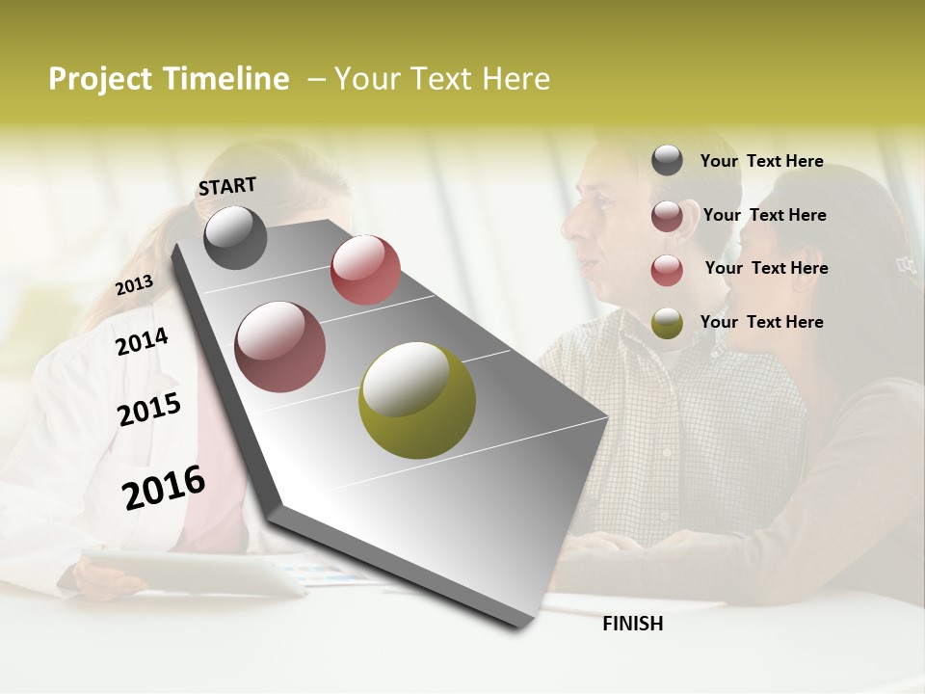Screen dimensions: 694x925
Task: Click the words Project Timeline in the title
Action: pos(169,79)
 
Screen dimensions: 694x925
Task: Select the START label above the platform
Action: pos(227,186)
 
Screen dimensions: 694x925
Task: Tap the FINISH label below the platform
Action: pos(633,624)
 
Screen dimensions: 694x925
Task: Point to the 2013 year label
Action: pos(134,285)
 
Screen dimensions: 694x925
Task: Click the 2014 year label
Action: pos(142,341)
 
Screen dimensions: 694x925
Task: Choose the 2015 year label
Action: pos(149,410)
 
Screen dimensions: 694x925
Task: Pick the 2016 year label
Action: pos(164,487)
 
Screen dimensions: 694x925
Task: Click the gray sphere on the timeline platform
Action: pos(235,237)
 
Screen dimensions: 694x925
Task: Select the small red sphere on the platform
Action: pos(365,269)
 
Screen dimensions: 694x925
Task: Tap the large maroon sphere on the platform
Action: pos(280,346)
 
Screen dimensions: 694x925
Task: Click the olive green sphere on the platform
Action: pos(417,399)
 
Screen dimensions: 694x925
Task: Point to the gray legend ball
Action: pos(667,160)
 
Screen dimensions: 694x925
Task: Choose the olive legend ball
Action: pos(667,323)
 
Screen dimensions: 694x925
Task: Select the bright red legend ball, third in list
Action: pos(667,270)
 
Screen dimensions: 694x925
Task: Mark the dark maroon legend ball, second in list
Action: pos(667,216)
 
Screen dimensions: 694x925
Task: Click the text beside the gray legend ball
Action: pos(761,161)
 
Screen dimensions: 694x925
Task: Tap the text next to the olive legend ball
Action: pos(761,322)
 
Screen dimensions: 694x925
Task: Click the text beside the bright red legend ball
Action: pos(766,268)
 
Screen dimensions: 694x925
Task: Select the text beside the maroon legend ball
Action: pos(764,215)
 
